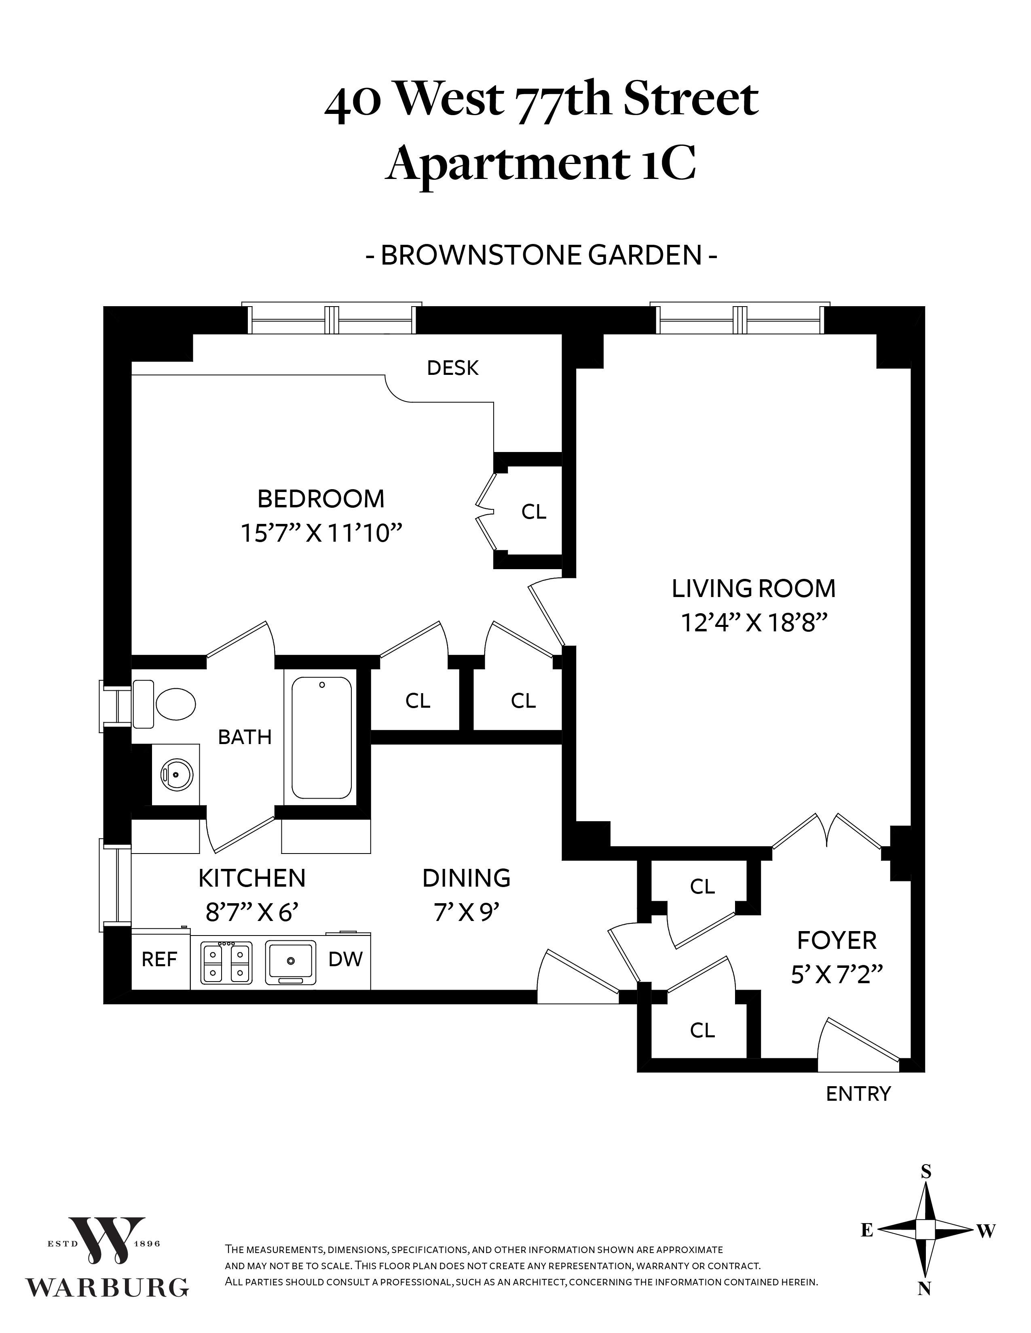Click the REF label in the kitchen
(159, 959)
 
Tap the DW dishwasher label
(346, 959)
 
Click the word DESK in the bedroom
(452, 368)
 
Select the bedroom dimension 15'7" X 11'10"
(321, 534)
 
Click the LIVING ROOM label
(754, 589)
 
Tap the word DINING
(466, 878)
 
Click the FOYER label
(837, 940)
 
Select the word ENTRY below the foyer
(858, 1093)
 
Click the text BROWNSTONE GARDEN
(541, 256)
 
